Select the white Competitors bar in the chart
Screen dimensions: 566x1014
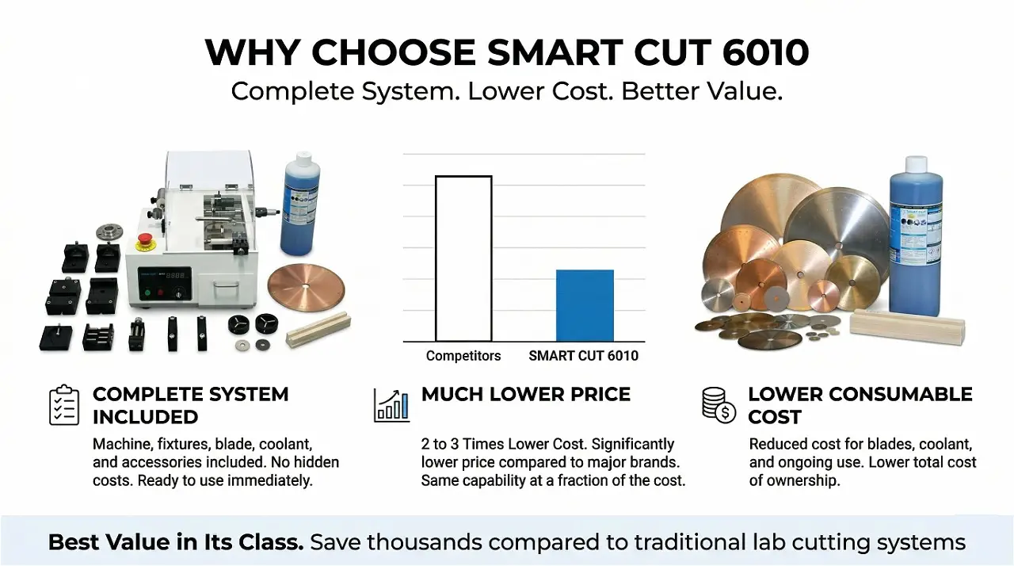click(463, 258)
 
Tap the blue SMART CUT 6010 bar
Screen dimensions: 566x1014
click(585, 305)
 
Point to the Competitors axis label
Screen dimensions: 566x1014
click(463, 356)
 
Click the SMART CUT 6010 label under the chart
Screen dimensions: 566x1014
click(583, 356)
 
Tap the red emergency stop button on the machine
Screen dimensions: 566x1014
click(146, 240)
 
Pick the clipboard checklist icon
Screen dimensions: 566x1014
click(64, 405)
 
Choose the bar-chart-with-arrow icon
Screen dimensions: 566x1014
click(391, 405)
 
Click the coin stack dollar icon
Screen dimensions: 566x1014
click(719, 405)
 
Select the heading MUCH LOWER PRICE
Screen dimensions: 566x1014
click(526, 395)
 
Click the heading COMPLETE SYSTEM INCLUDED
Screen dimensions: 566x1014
click(190, 405)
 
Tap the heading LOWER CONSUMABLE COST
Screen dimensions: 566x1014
click(860, 405)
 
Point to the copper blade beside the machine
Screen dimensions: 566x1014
click(306, 287)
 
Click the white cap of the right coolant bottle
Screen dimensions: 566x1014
click(916, 164)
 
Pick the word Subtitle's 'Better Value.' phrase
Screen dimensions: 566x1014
click(702, 91)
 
